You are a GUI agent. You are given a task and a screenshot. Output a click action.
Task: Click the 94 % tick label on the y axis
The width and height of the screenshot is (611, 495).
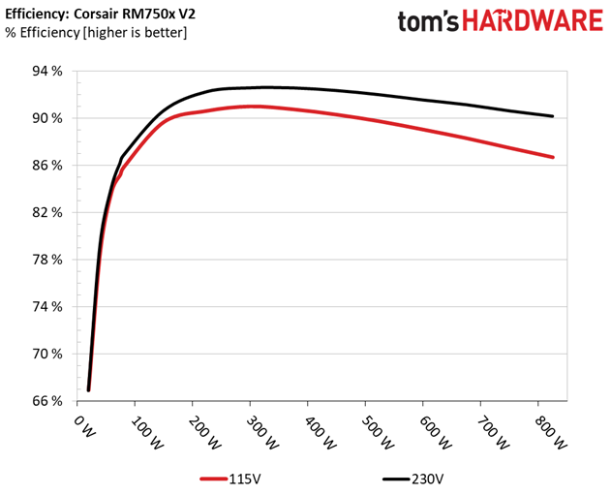[x=47, y=72]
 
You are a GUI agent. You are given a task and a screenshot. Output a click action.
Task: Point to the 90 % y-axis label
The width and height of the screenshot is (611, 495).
[x=47, y=118]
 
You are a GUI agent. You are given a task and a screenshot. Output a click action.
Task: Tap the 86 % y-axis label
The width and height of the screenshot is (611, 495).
[x=47, y=166]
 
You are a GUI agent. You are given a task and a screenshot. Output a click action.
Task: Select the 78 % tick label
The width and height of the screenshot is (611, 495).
[x=47, y=260]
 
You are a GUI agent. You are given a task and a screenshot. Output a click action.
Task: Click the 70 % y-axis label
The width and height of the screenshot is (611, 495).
[x=47, y=354]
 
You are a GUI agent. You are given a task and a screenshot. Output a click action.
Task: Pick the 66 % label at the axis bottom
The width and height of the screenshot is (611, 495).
[x=47, y=401]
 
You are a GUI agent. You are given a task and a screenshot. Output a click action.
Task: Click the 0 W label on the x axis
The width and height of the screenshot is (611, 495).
[x=84, y=426]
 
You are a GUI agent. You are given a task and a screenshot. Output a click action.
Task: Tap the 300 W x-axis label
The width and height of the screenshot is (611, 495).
[x=262, y=432]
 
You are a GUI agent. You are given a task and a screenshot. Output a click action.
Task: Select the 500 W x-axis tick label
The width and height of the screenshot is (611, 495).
[x=378, y=432]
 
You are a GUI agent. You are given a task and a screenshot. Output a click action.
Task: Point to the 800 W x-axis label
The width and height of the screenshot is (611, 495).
[x=550, y=432]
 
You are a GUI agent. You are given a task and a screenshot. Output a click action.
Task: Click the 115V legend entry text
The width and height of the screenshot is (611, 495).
[x=244, y=479]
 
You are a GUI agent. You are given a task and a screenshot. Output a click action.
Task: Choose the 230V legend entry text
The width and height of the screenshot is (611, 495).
[x=427, y=479]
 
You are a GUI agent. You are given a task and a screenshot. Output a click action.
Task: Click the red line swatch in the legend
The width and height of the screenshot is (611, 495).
[x=214, y=479]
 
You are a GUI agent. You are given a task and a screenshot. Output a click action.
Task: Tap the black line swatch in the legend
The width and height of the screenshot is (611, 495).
[x=396, y=479]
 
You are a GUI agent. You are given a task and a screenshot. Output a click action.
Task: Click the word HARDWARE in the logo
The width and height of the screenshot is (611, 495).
[x=533, y=21]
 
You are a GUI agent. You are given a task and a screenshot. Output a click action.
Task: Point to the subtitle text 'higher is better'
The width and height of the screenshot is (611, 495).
[x=135, y=32]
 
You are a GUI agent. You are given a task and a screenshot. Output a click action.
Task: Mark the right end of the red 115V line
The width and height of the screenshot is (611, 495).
[x=553, y=157]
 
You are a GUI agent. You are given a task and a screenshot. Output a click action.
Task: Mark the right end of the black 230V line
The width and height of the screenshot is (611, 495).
[x=552, y=116]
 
